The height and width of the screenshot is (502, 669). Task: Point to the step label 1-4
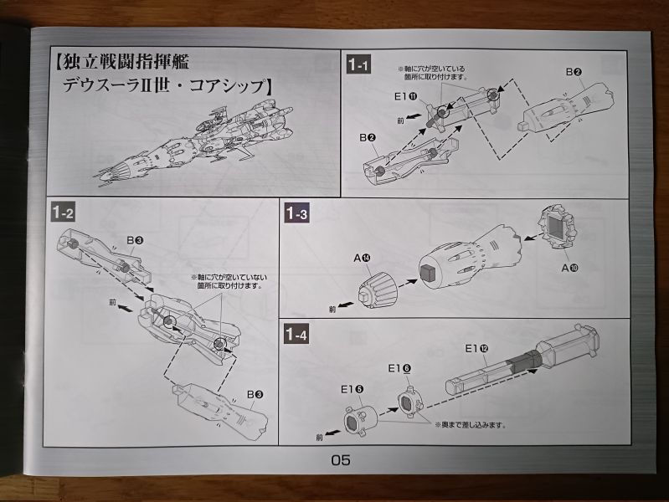[x=297, y=336]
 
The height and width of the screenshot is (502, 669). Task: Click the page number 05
[x=340, y=459]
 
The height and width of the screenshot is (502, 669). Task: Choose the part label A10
[x=570, y=267]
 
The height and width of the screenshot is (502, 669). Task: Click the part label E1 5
[x=351, y=388]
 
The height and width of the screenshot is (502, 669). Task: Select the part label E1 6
[x=399, y=368]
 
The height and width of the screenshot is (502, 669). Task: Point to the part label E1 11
[x=406, y=96]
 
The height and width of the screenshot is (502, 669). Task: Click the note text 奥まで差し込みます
[x=471, y=425]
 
